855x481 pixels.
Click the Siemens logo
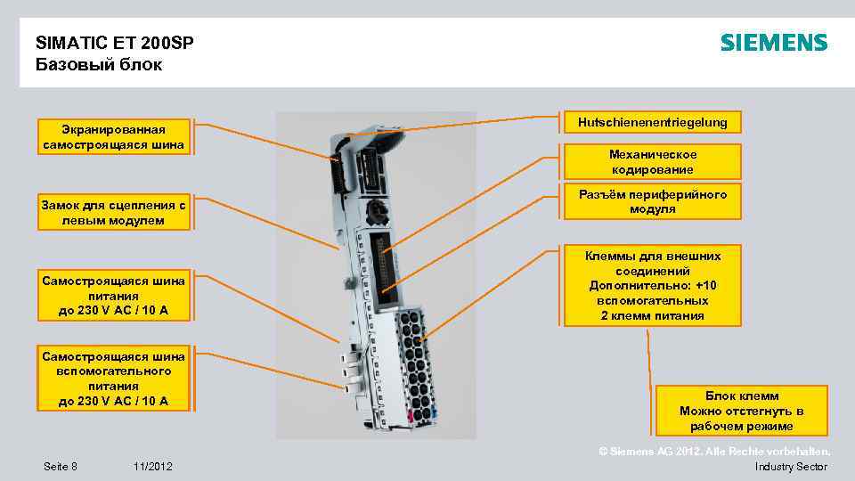click(x=773, y=43)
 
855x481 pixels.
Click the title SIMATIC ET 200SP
click(x=115, y=43)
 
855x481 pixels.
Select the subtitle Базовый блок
click(x=99, y=65)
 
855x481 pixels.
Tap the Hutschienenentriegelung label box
click(x=652, y=123)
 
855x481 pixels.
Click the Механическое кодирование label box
click(x=652, y=162)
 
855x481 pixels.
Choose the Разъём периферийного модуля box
click(x=652, y=202)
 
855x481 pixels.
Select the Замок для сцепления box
click(x=113, y=212)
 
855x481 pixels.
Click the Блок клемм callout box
click(x=741, y=411)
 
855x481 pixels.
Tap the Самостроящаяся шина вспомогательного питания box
click(x=113, y=379)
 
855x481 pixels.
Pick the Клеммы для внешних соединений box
click(x=652, y=286)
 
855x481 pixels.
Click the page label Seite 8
click(x=61, y=467)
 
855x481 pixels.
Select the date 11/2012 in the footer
click(x=153, y=467)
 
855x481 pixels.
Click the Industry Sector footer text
click(x=790, y=467)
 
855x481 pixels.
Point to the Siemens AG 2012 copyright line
click(x=714, y=452)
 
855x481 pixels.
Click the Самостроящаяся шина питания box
click(x=113, y=296)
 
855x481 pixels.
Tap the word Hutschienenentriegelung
click(x=652, y=122)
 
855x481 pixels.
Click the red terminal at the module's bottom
click(x=411, y=416)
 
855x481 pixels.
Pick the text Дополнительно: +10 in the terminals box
click(x=652, y=286)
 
